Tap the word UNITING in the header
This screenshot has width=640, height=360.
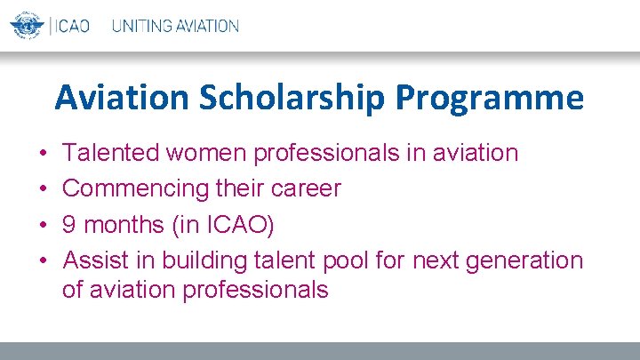141,26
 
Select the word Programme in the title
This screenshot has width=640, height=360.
489,98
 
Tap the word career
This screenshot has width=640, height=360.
307,188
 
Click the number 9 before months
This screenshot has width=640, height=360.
69,225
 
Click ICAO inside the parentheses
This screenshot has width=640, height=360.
236,225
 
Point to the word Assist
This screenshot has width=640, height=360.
95,260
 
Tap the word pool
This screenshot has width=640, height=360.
348,260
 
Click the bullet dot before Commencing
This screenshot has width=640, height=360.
44,189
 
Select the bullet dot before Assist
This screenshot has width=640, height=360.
44,261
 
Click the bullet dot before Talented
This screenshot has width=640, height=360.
44,154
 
